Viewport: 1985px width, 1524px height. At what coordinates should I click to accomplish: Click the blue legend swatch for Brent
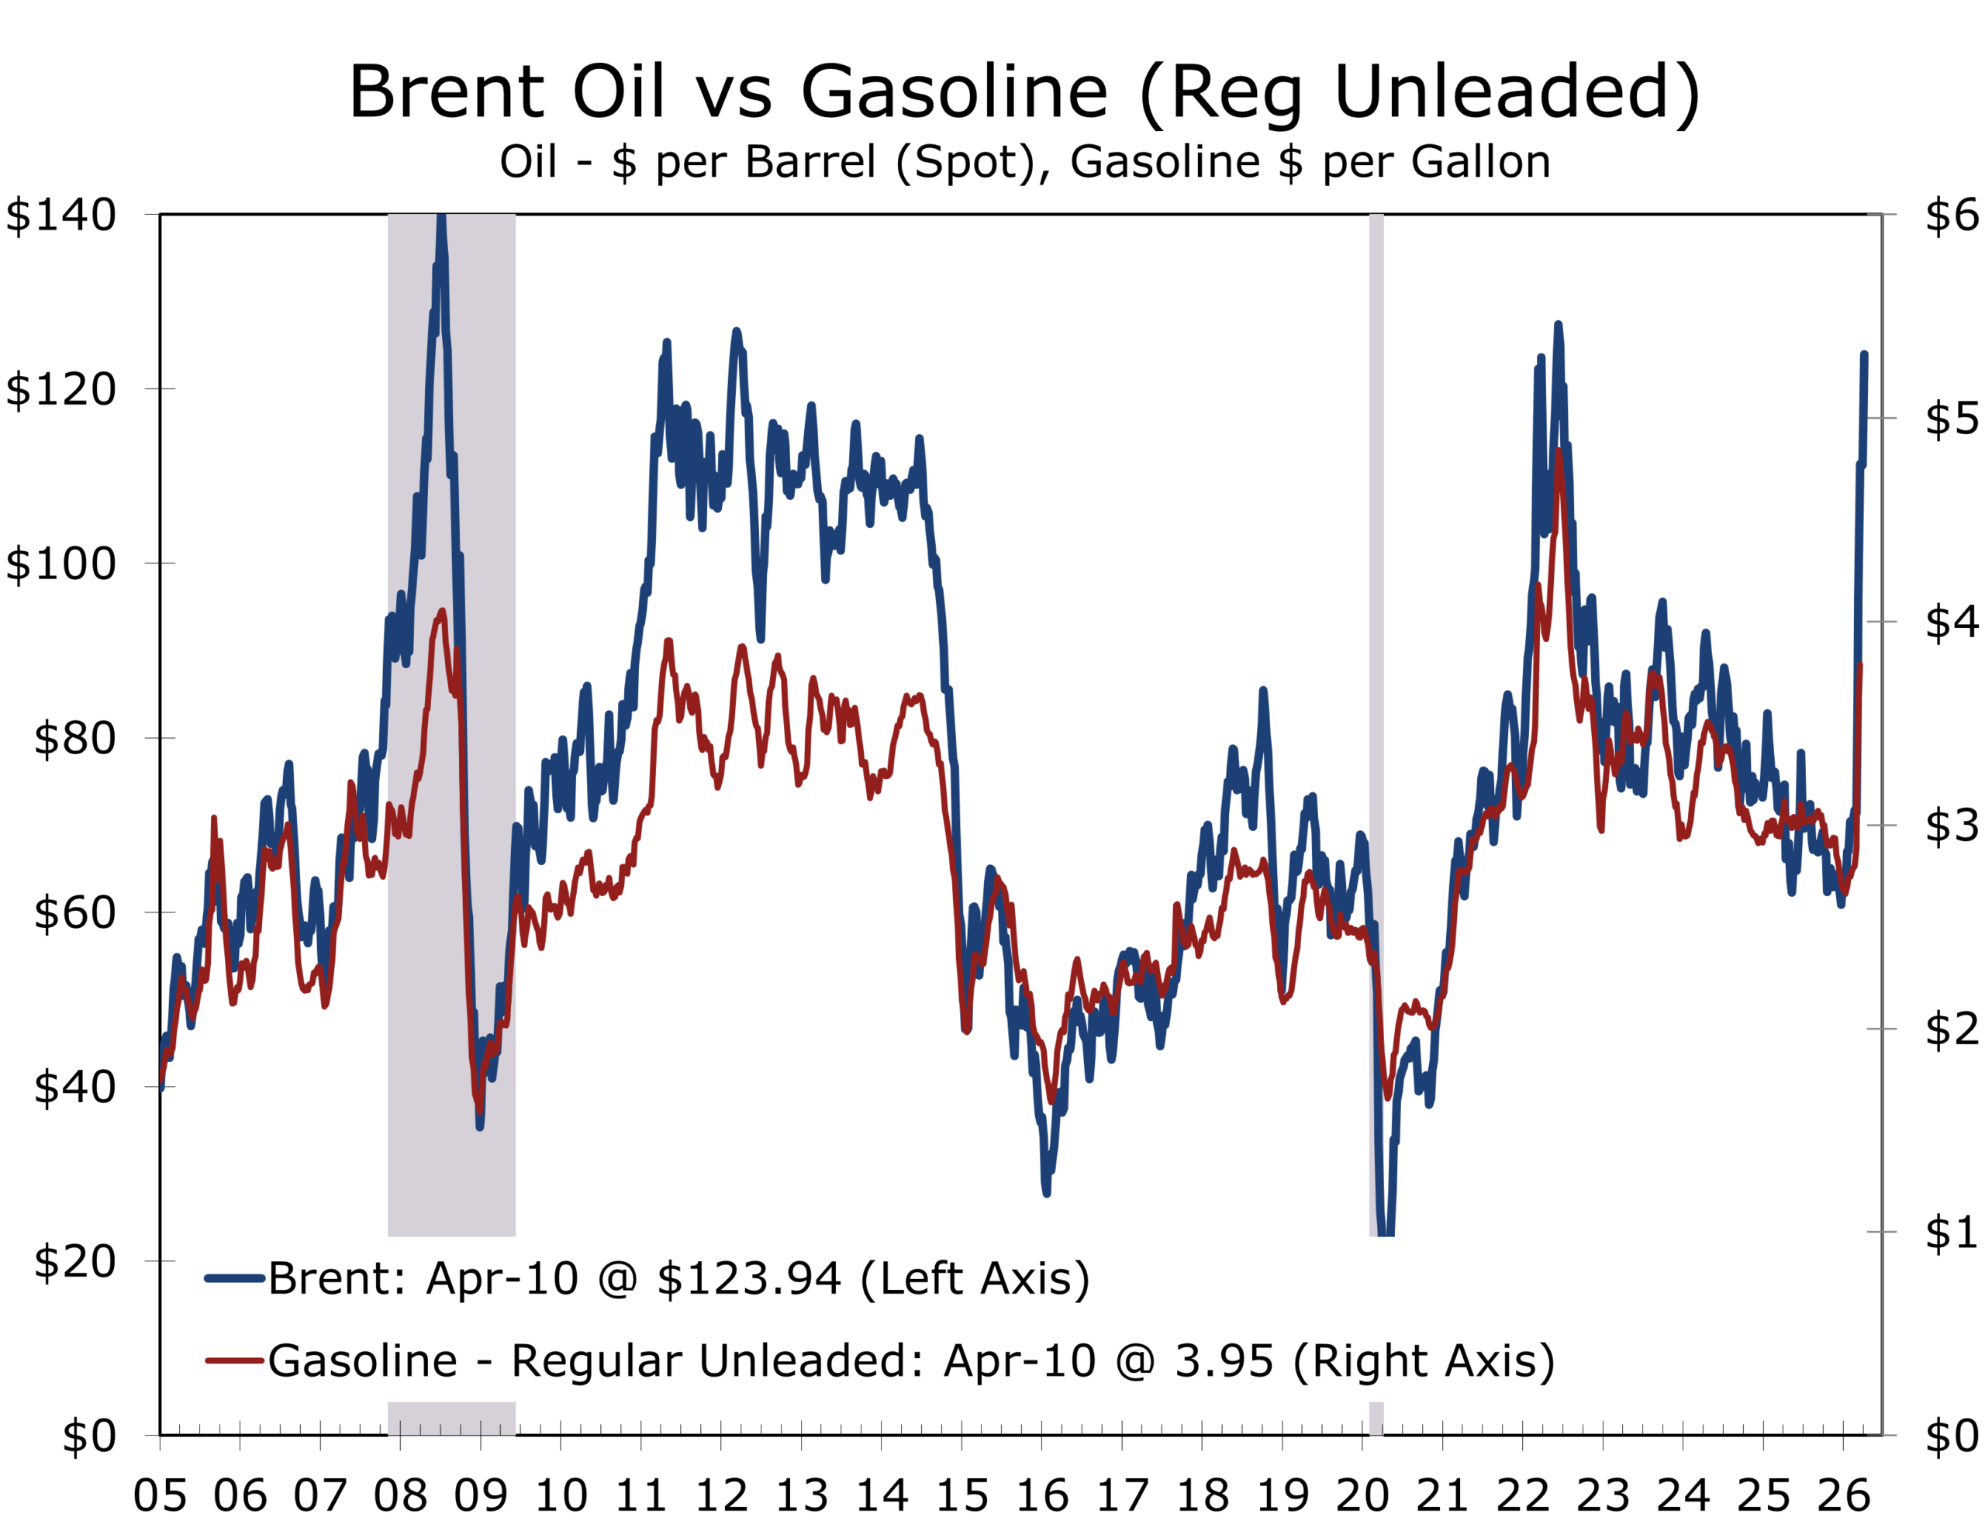point(234,1278)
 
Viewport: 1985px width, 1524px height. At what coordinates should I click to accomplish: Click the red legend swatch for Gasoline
point(234,1360)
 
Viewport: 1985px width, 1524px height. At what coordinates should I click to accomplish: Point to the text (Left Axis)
point(975,1278)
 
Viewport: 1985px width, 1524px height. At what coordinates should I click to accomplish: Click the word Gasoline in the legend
point(362,1360)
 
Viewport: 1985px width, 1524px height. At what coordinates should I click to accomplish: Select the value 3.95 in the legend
point(1224,1360)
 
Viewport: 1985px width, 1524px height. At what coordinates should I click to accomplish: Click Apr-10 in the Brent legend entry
point(502,1278)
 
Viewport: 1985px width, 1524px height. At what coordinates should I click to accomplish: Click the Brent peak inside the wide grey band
point(441,218)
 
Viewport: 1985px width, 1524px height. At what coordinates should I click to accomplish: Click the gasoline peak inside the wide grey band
point(442,612)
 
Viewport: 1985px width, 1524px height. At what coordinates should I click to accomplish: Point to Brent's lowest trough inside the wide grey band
point(479,1126)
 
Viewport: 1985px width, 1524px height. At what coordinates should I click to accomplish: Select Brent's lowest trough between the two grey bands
point(1046,1194)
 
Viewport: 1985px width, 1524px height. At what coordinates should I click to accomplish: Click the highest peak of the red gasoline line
point(1559,451)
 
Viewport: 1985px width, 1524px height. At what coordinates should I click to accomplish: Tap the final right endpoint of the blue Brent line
point(1864,355)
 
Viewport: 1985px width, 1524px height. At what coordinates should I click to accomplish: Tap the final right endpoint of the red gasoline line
point(1861,666)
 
